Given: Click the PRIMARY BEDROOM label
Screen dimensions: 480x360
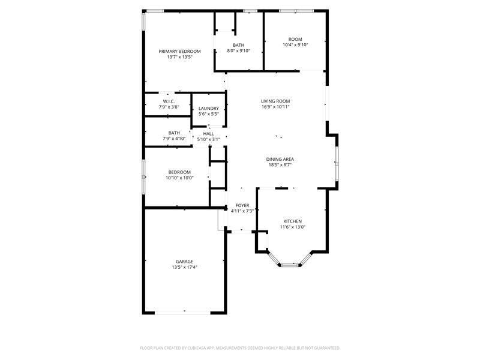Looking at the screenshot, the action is (x=179, y=51).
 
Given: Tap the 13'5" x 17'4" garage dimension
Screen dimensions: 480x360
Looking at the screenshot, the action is (x=184, y=267).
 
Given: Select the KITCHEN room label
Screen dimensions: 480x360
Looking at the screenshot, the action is (x=293, y=221).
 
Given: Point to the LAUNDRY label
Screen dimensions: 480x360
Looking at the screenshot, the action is (x=209, y=109).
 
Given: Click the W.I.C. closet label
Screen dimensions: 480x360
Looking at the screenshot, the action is (x=169, y=101).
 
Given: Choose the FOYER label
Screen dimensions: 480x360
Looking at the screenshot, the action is (x=242, y=205).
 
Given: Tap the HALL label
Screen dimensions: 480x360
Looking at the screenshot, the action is (x=208, y=134).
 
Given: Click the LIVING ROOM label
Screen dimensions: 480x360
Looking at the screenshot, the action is (x=275, y=101).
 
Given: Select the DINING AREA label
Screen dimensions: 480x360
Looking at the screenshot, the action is (x=280, y=159).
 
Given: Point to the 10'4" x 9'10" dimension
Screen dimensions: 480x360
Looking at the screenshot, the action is (x=295, y=44).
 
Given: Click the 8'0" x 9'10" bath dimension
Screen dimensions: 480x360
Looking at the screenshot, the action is (x=238, y=51).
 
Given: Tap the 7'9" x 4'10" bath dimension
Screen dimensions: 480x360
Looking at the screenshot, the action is (x=174, y=139).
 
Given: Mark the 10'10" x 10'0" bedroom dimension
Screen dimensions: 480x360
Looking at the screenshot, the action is (x=179, y=178).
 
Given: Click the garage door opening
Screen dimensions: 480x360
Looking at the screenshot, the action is (x=183, y=313).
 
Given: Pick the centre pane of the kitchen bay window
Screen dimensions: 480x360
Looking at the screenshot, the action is (x=290, y=265).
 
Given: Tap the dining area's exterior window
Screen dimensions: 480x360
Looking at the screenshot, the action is (x=337, y=164).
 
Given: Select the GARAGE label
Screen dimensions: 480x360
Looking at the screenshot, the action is (x=184, y=262).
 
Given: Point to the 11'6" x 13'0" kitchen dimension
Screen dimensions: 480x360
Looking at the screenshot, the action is (x=293, y=227).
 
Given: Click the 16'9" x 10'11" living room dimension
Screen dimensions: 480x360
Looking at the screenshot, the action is (x=275, y=107).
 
